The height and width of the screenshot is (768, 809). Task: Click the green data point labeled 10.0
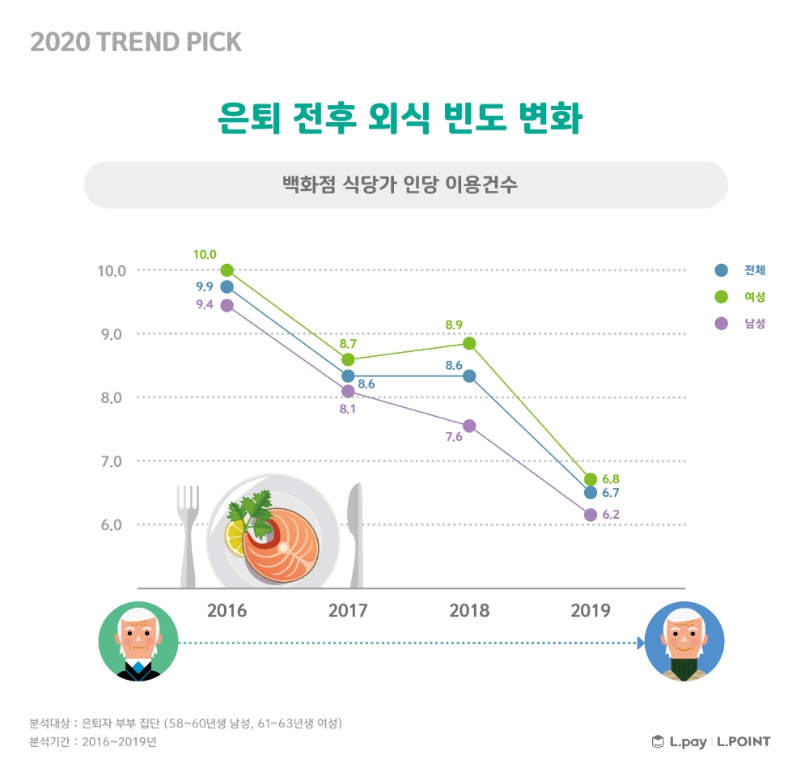click(227, 269)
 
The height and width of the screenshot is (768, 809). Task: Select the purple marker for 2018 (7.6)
click(469, 426)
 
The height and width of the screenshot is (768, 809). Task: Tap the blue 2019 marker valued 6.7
click(591, 492)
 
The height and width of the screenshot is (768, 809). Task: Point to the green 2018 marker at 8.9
click(469, 343)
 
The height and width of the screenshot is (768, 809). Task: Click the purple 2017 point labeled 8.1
click(348, 391)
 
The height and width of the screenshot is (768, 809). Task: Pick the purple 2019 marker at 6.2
click(591, 515)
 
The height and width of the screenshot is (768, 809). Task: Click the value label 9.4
click(205, 305)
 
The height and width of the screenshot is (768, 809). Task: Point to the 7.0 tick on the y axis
click(112, 461)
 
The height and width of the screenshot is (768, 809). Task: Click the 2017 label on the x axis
click(348, 610)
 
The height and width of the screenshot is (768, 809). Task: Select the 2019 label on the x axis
click(591, 610)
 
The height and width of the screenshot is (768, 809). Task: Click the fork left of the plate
click(188, 534)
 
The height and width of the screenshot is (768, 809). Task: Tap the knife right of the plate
click(354, 534)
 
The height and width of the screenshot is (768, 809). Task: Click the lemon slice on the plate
click(236, 537)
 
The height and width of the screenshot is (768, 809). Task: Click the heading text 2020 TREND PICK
click(136, 42)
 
